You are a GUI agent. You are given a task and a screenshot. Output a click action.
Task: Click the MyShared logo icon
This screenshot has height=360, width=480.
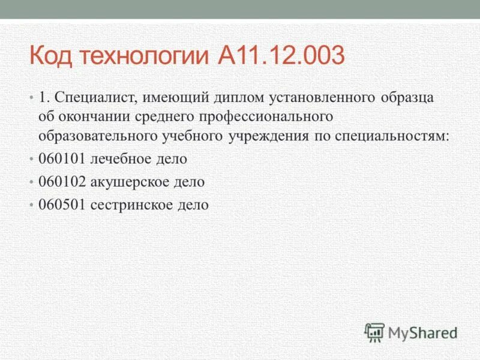tap(374, 332)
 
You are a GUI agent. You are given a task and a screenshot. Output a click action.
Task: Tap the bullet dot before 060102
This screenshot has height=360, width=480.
tap(31, 181)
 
